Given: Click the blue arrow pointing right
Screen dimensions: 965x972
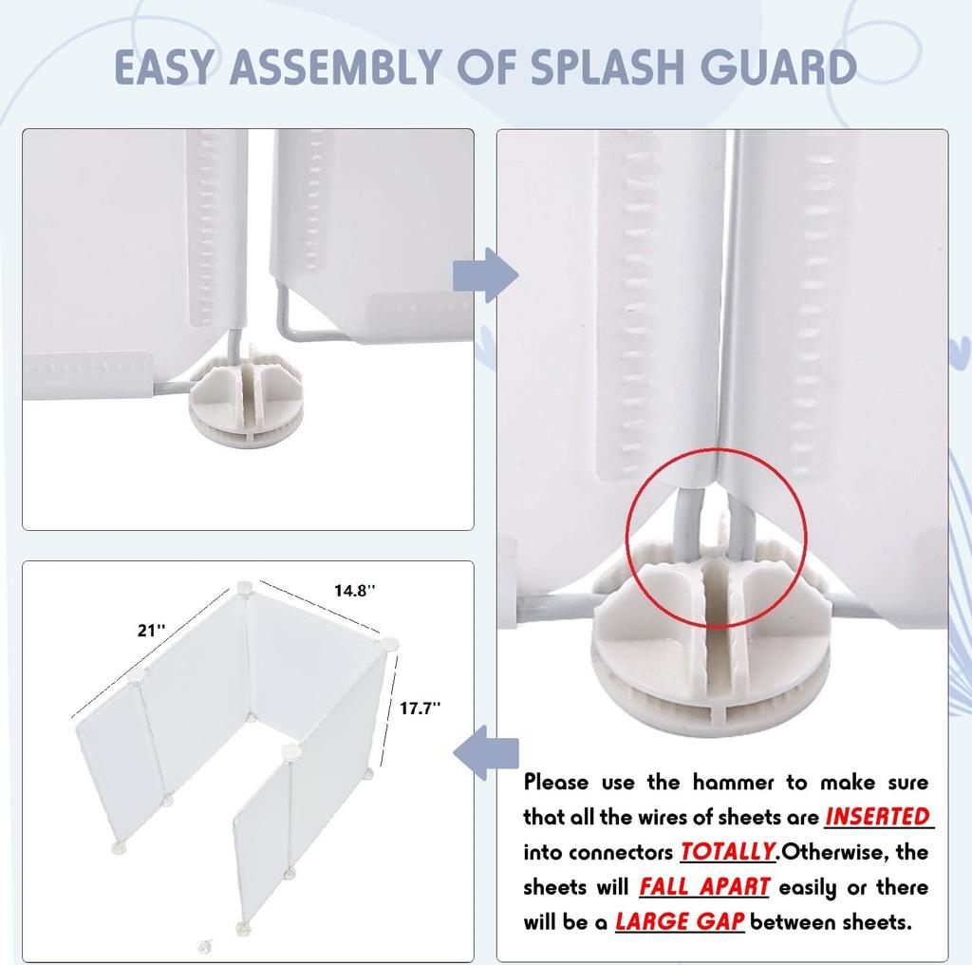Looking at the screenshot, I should [485, 275].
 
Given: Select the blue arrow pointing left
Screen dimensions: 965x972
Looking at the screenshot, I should [485, 752].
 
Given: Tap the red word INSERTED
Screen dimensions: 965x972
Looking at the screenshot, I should [877, 817].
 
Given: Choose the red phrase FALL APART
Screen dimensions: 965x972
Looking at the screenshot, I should [703, 887].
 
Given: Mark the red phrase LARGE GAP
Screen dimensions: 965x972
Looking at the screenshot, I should [679, 921].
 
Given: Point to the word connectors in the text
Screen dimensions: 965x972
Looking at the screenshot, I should [620, 852].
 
